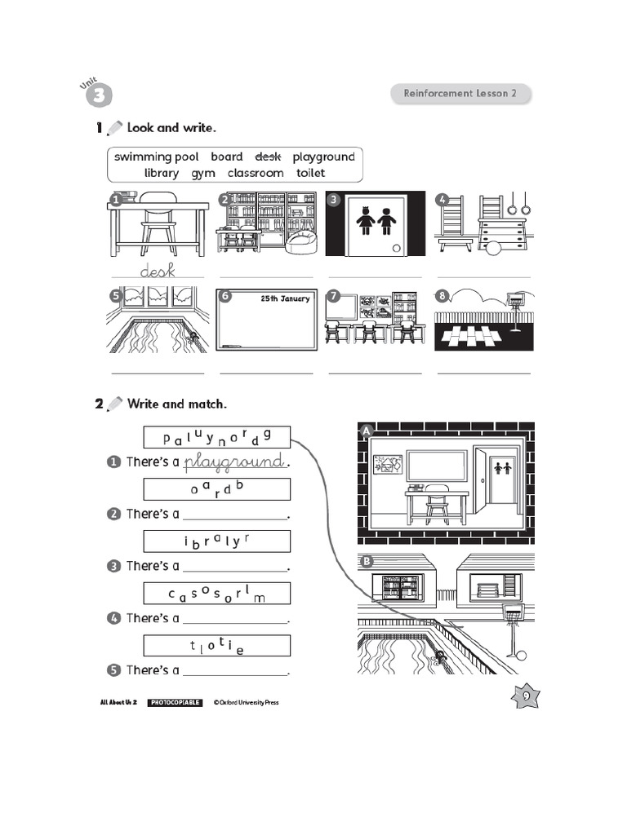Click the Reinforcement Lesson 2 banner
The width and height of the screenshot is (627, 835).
click(x=460, y=94)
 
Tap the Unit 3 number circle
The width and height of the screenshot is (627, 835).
click(x=97, y=94)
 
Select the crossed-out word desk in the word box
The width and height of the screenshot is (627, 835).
click(x=268, y=157)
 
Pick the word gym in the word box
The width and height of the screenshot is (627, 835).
click(x=203, y=173)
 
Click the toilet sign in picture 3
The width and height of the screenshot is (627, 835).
click(x=375, y=220)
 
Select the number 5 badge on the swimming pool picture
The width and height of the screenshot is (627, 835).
click(x=116, y=295)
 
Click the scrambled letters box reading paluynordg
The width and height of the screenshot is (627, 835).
click(x=216, y=437)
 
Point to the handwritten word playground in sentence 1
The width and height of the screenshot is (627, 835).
click(x=235, y=462)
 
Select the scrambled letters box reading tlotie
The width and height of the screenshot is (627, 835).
click(x=216, y=646)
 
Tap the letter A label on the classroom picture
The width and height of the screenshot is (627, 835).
click(x=366, y=430)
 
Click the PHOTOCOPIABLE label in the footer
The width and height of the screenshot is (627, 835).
click(x=175, y=702)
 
